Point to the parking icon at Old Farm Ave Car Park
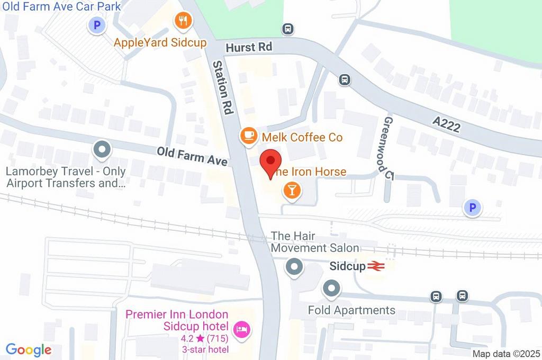click(97, 25)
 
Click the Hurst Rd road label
click(248, 47)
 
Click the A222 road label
click(446, 125)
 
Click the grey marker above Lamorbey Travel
click(101, 150)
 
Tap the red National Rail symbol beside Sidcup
click(376, 266)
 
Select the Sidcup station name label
click(347, 266)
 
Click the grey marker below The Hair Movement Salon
click(294, 267)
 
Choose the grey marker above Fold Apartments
click(331, 289)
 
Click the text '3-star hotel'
click(205, 349)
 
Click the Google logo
click(29, 349)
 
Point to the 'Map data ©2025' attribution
click(505, 354)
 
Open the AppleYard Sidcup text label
click(160, 43)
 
